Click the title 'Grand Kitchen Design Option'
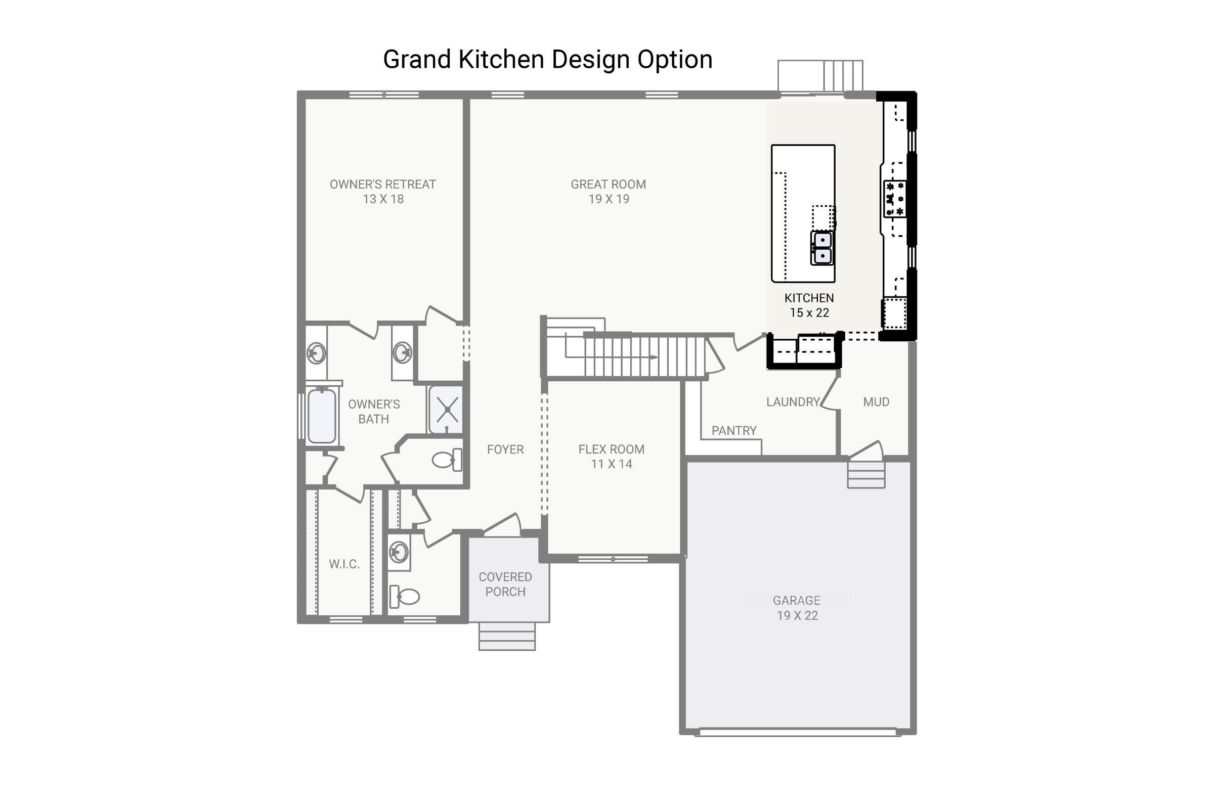(548, 59)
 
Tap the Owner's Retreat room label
(382, 192)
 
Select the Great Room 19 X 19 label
(608, 192)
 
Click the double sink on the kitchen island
(821, 248)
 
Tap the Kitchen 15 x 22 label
(809, 305)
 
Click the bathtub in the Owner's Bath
(322, 416)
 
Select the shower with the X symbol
(447, 410)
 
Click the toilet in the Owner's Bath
(447, 459)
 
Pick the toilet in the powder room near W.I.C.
(404, 597)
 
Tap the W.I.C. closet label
(344, 564)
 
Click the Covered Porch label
(505, 584)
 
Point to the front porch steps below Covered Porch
(506, 637)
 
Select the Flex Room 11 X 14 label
(611, 456)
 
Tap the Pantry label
(733, 430)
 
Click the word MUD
(876, 401)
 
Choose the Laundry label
(792, 401)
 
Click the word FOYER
(505, 450)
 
